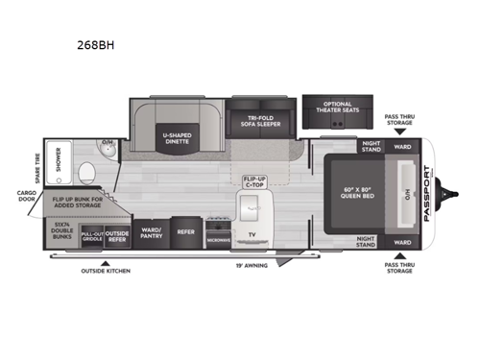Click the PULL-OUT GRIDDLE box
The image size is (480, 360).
[x=91, y=235]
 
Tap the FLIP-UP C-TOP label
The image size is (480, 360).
[x=253, y=182]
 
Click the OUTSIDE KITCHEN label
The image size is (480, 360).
[x=106, y=271]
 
